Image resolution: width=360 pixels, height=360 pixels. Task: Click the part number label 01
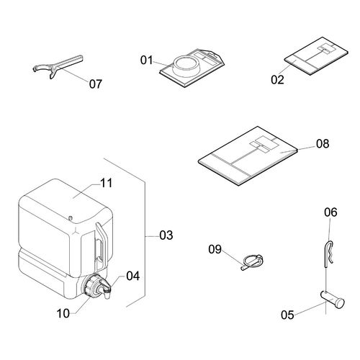[x=146, y=60]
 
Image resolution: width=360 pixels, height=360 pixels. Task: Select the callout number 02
[x=277, y=80]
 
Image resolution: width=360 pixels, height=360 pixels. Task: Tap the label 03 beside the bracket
[x=166, y=235]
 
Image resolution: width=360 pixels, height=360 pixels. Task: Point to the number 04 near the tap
[x=133, y=276]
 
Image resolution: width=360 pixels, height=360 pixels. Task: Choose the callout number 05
[x=287, y=315]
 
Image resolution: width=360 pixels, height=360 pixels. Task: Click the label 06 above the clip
[x=330, y=212]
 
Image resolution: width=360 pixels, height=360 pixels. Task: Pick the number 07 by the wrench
[x=96, y=84]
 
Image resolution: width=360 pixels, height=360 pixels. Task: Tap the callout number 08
[x=323, y=143]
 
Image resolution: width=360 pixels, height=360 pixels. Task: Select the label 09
[x=215, y=249]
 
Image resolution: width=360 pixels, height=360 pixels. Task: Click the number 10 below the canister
[x=63, y=313]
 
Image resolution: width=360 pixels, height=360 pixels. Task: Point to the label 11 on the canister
[x=106, y=183]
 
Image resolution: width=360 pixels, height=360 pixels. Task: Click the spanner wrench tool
[x=58, y=67]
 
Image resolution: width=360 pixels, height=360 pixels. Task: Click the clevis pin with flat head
[x=333, y=300]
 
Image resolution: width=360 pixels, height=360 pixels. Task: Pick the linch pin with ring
[x=252, y=262]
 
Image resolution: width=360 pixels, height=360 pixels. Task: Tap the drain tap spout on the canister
[x=105, y=289]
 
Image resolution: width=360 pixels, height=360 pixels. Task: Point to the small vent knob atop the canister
[x=71, y=218]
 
